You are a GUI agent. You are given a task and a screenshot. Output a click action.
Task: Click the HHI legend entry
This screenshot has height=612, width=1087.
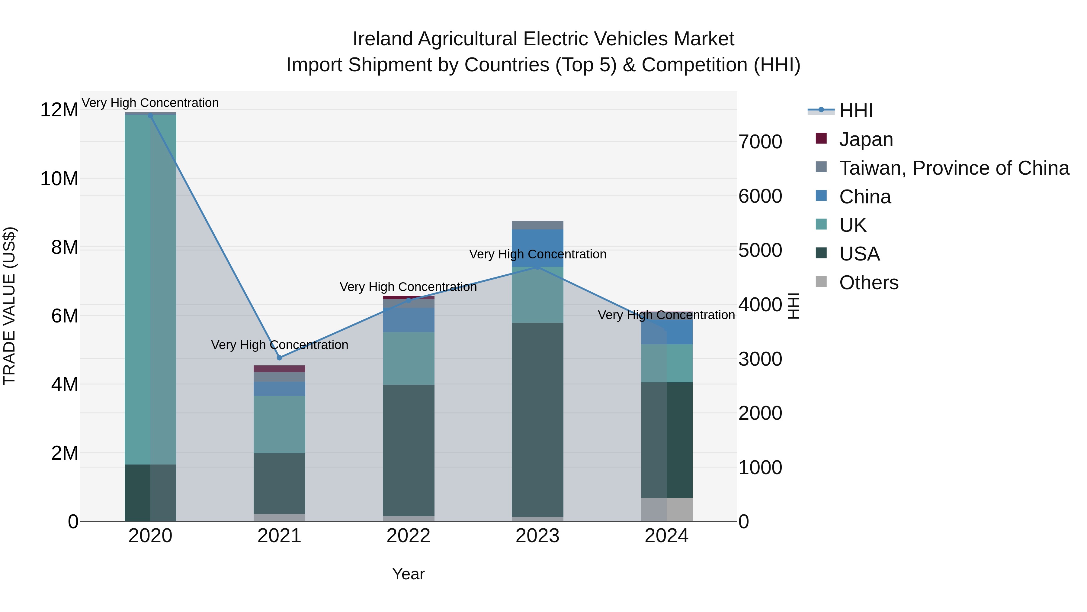pos(855,111)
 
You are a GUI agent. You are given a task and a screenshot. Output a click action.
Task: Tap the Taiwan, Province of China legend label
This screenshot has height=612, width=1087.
pos(954,168)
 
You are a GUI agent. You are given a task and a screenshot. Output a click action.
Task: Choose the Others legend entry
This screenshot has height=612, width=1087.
pos(868,283)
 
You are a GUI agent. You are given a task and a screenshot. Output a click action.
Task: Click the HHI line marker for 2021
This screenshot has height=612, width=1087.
pos(279,358)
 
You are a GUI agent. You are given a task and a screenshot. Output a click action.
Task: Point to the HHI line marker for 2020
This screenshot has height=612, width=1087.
pos(150,116)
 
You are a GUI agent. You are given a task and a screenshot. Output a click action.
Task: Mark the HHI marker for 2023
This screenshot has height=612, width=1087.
pos(537,267)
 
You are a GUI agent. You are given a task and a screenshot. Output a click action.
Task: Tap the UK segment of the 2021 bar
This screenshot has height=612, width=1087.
pos(279,425)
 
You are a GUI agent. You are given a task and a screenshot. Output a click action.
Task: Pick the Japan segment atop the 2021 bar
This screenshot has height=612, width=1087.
pos(279,369)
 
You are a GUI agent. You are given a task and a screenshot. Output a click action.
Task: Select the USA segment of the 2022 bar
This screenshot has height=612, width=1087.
pos(409,450)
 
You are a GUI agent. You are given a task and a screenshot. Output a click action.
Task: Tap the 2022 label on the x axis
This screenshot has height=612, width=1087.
pos(409,536)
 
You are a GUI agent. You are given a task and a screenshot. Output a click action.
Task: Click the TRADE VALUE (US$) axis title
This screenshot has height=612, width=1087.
pos(10,306)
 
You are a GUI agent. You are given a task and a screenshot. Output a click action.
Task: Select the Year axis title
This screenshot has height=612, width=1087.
pos(409,574)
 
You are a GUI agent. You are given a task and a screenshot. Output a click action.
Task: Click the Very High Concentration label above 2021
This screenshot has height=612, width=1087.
pos(279,345)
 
